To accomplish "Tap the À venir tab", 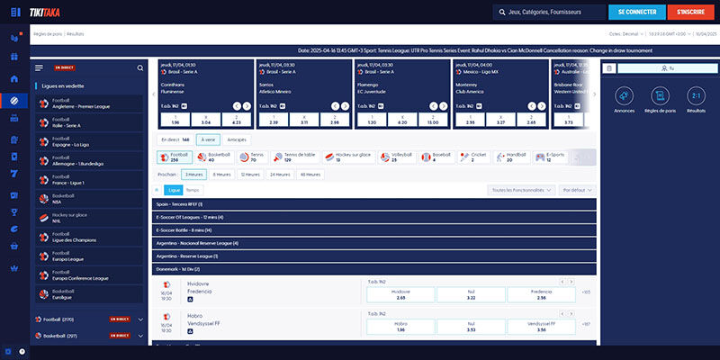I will pyautogui.click(x=208, y=139).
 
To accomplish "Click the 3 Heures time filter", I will pyautogui.click(x=193, y=175).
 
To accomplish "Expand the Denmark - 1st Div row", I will pyautogui.click(x=373, y=268).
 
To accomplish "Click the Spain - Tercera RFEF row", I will pyautogui.click(x=373, y=204).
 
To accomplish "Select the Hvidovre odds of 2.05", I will pyautogui.click(x=400, y=294).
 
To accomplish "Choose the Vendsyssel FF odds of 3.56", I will pyautogui.click(x=541, y=327).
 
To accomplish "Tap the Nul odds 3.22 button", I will pyautogui.click(x=471, y=294).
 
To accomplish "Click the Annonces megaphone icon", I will pyautogui.click(x=624, y=98).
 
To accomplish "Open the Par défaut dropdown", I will pyautogui.click(x=577, y=190).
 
